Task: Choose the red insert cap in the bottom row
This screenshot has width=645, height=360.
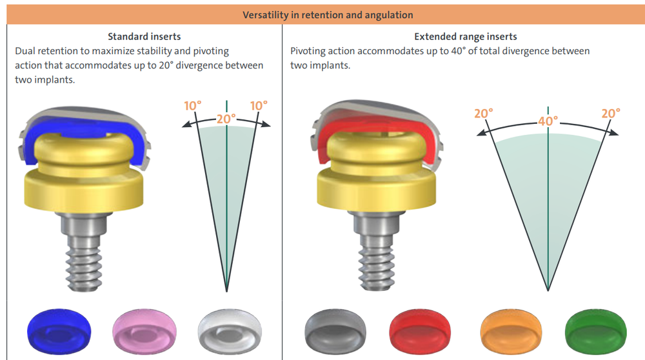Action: [x=421, y=331]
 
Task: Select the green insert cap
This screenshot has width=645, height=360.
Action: [x=592, y=331]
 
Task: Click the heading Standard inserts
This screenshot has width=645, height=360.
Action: [x=144, y=37]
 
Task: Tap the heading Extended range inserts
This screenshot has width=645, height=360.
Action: [x=465, y=37]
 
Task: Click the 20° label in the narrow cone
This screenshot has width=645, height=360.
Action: [x=226, y=119]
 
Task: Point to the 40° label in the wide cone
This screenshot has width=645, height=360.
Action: [x=548, y=121]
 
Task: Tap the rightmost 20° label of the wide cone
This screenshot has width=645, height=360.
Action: [x=610, y=113]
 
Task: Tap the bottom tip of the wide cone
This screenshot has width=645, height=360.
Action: [x=548, y=290]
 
